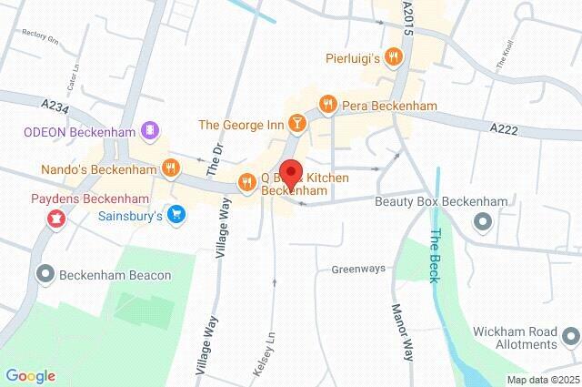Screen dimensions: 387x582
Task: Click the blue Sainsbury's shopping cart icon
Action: pos(177,216)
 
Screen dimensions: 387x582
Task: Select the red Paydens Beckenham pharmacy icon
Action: pos(55,218)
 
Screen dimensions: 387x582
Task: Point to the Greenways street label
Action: pos(358,269)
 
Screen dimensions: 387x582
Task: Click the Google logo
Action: pos(30,375)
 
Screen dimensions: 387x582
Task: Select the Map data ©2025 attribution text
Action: pos(542,380)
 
